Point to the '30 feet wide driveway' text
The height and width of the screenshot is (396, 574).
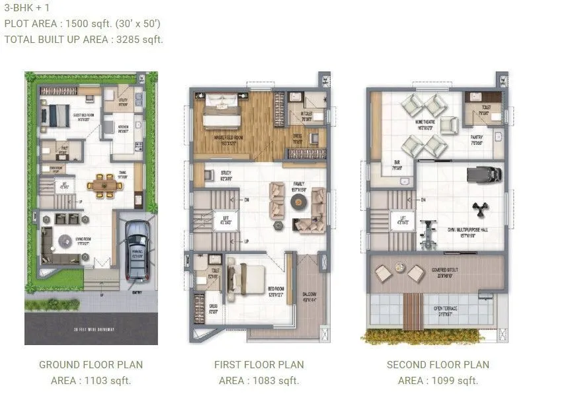coord(91,329)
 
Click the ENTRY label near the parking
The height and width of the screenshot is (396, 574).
coord(137,292)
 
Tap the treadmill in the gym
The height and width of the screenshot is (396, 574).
coord(479,175)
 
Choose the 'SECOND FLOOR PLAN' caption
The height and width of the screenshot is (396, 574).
coord(438,364)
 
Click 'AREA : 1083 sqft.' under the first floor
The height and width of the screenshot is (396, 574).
coord(259,380)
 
